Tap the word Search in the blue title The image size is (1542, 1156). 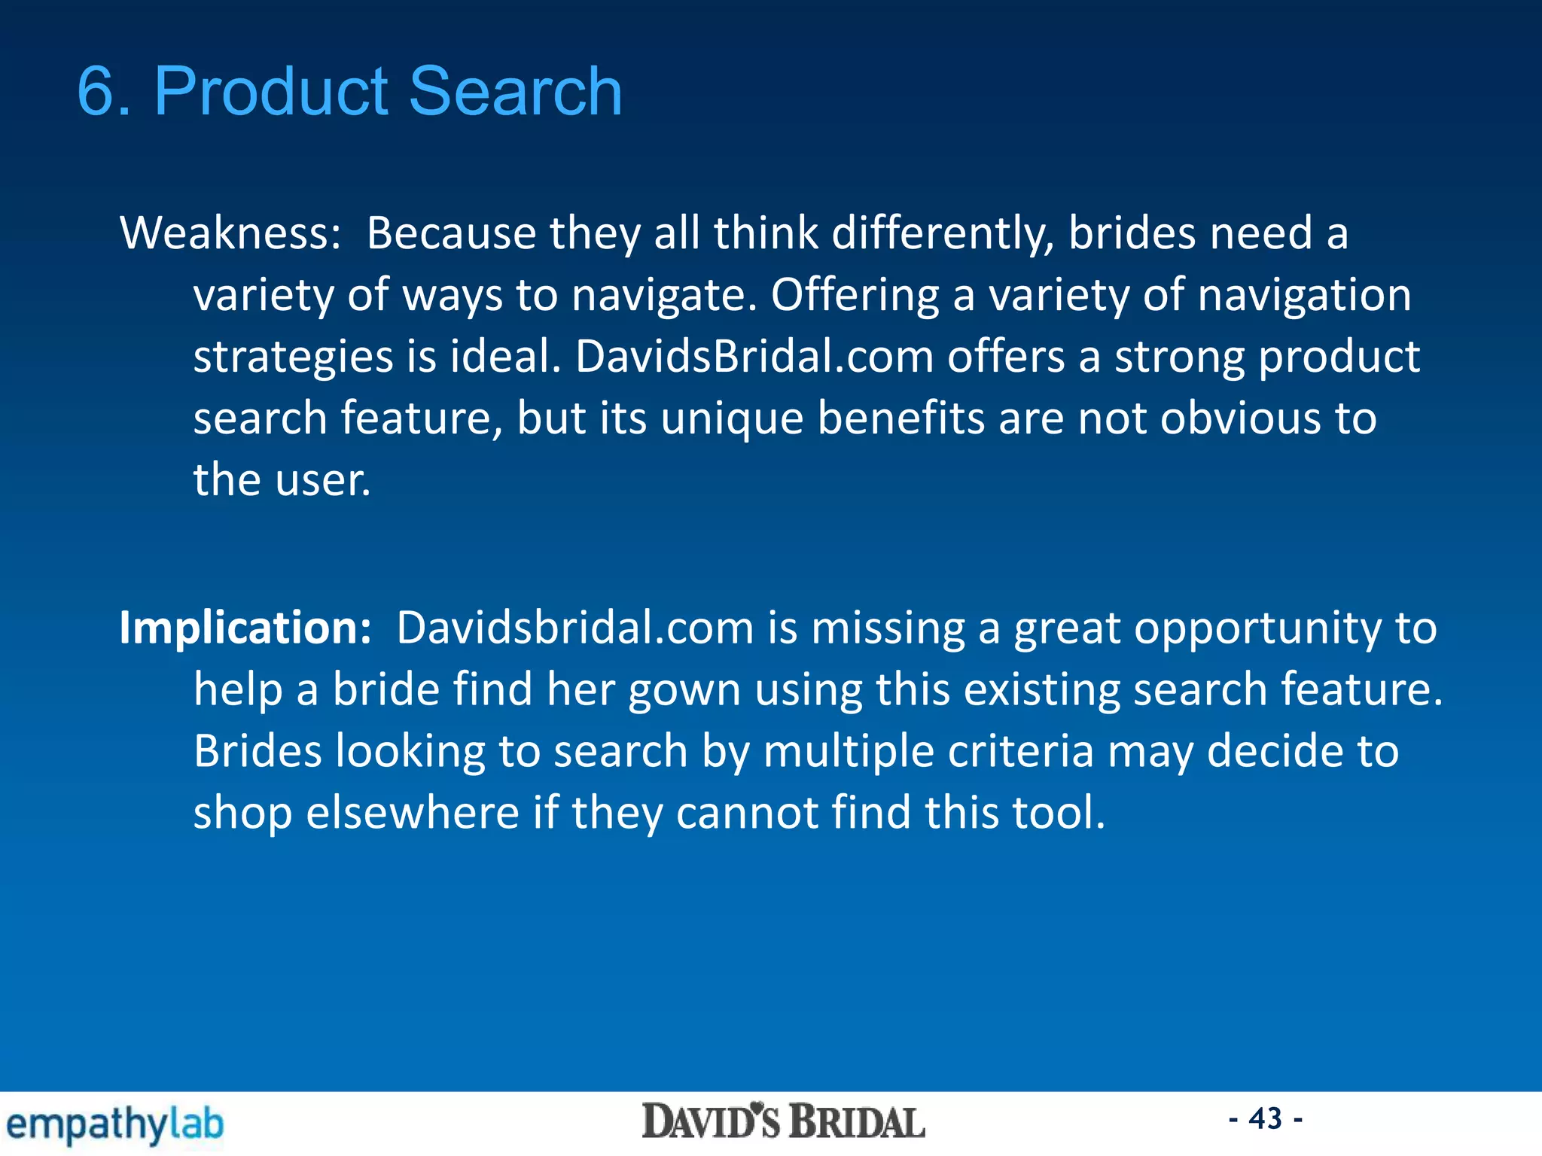[515, 92]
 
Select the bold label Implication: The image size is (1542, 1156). [245, 628]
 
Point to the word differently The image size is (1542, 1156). [942, 233]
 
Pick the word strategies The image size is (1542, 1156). [293, 357]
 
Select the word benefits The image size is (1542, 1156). [901, 418]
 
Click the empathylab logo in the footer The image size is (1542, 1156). [114, 1124]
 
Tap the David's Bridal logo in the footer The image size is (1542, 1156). [783, 1122]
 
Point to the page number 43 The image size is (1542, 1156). [1265, 1118]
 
